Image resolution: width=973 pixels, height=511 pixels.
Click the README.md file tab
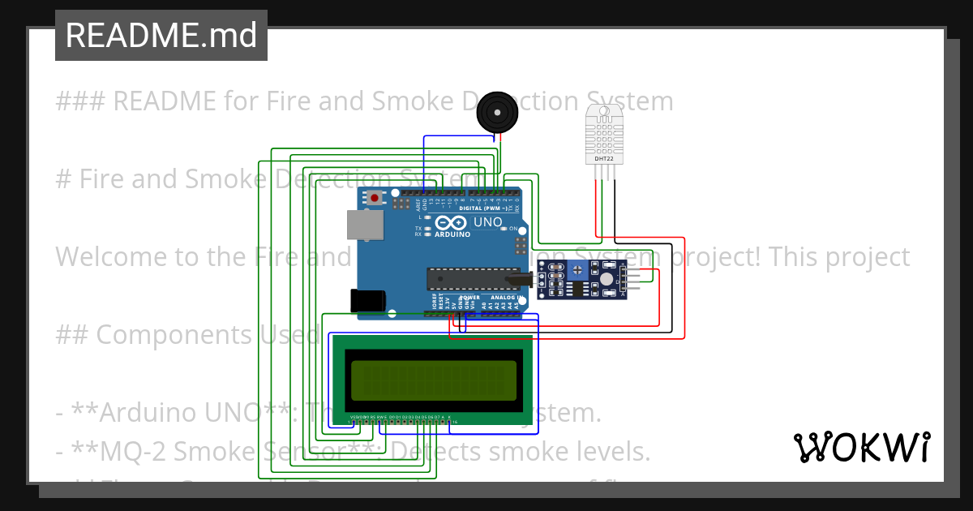point(161,36)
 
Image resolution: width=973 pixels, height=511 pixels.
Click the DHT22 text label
point(604,159)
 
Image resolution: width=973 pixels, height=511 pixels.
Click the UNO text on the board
point(487,221)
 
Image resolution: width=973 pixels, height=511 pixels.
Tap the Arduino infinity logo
point(450,223)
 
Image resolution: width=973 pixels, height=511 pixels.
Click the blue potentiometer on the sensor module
point(578,270)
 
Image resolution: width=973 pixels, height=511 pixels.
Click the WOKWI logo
point(861,447)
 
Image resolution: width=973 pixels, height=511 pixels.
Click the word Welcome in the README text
point(109,257)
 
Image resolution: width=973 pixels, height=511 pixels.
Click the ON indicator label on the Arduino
point(514,229)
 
